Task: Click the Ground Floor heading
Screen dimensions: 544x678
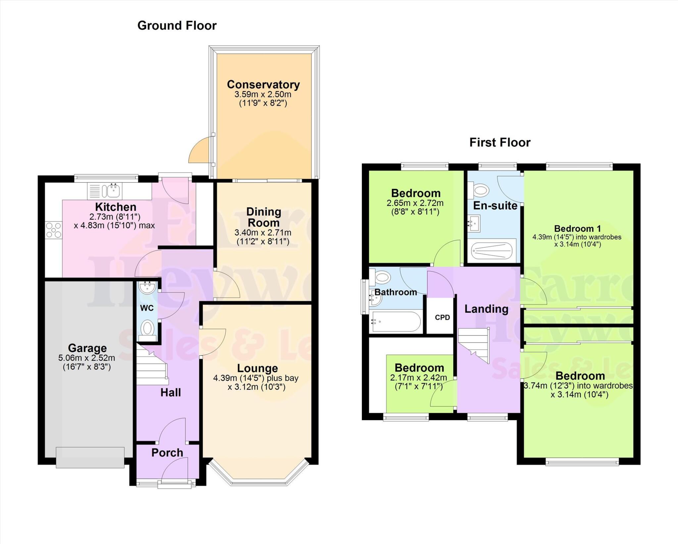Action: tap(177, 25)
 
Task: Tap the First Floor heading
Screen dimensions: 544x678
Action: tap(500, 142)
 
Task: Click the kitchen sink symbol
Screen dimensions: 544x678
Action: tap(112, 191)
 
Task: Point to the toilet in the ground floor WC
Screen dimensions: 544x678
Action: tap(147, 329)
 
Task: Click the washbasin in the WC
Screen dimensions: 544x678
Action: tap(147, 288)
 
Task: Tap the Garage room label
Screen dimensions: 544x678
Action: tap(87, 348)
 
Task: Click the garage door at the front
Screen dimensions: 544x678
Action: tap(90, 457)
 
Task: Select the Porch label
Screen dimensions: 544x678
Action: tap(167, 453)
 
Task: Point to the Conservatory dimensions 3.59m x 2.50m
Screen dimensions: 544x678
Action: tap(263, 94)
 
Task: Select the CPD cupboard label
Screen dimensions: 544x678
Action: tap(442, 318)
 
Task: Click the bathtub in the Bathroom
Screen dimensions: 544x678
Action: tap(396, 321)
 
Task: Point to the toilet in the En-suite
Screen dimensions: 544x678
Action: tap(481, 191)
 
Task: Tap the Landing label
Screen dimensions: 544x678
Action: tap(486, 309)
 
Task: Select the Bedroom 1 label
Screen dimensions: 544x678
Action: tap(577, 228)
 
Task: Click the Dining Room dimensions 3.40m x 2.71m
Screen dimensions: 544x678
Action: tap(263, 232)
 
